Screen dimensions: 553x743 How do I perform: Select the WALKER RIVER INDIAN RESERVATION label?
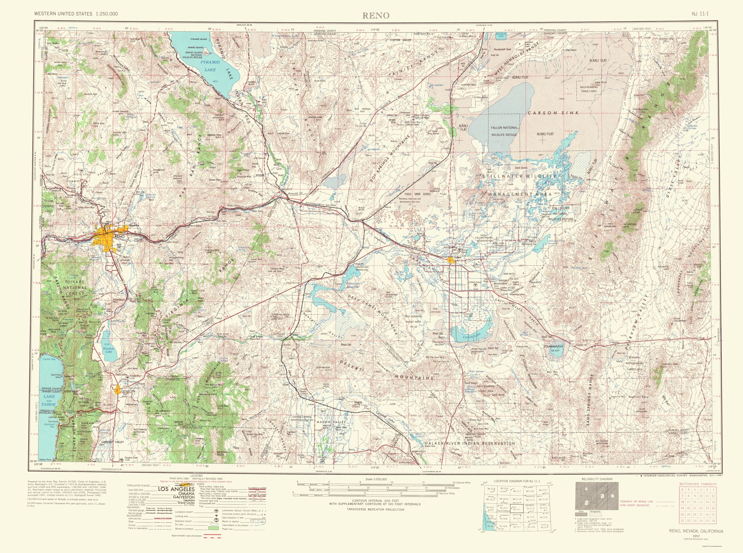[470, 444]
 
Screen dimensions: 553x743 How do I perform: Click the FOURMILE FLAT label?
[554, 346]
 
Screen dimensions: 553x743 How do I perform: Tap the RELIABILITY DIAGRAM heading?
[597, 479]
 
